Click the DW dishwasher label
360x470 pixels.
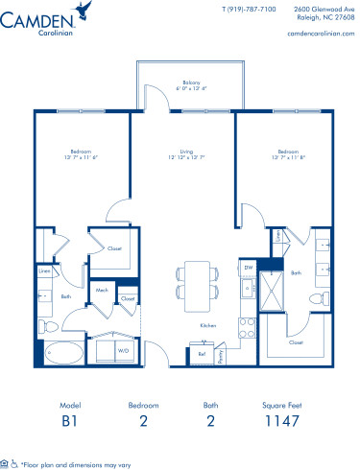pos(248,268)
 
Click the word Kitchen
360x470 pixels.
pos(207,326)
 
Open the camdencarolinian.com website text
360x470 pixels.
pos(315,32)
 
